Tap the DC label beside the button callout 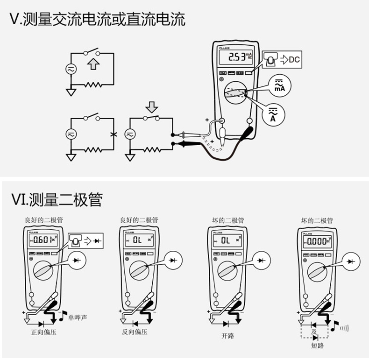(x=294, y=59)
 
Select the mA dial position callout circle (x=279, y=85)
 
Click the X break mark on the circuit (x=112, y=134)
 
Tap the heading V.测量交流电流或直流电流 (x=97, y=19)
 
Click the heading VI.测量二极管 (x=56, y=200)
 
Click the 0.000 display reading (x=315, y=241)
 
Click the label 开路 (x=227, y=336)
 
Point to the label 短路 (x=317, y=346)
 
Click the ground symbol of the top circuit (x=71, y=92)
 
